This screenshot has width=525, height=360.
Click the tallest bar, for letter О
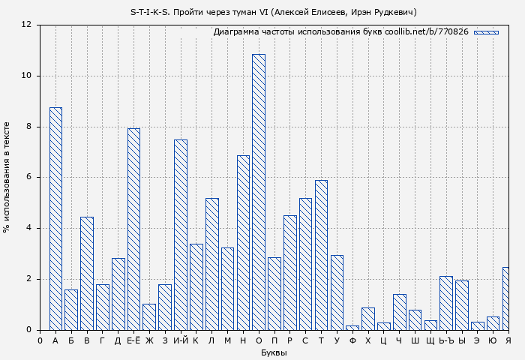[259, 192]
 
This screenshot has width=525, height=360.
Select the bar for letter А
[55, 218]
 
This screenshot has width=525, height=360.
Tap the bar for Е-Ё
[133, 229]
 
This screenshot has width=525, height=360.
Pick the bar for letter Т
[321, 255]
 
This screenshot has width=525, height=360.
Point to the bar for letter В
[87, 273]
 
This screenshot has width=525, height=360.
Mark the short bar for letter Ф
[352, 327]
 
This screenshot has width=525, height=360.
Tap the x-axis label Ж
[149, 341]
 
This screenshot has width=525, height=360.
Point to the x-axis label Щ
[430, 341]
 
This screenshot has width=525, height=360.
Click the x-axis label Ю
[493, 341]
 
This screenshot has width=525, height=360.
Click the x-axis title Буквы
[274, 352]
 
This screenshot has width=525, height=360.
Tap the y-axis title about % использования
[7, 177]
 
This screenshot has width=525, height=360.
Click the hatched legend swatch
[486, 32]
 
